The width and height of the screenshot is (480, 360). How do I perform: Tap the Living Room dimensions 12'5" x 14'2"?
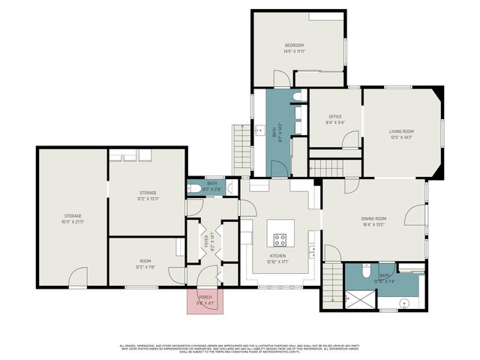401,138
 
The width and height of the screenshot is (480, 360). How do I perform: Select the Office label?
334,117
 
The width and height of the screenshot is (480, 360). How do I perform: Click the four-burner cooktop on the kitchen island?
280,240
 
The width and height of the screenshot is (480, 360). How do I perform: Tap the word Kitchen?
278,256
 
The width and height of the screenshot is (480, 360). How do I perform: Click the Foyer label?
206,241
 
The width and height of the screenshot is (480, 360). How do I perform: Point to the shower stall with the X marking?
359,298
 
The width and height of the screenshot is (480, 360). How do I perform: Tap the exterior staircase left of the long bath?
241,148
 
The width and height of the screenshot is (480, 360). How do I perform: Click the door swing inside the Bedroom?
280,77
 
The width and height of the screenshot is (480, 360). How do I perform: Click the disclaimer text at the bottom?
240,348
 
